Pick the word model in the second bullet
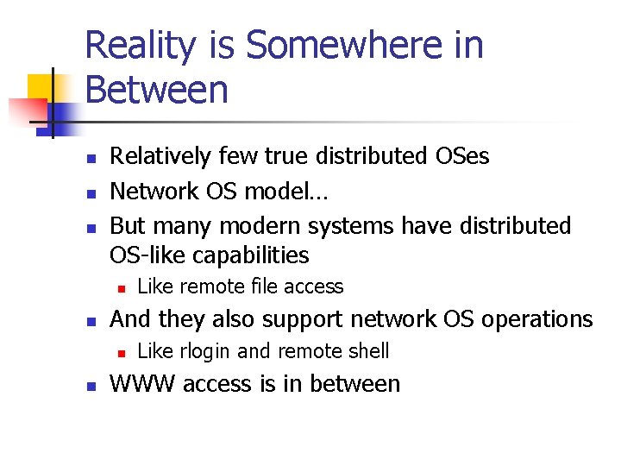[273, 191]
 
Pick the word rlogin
[204, 351]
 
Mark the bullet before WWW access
[90, 385]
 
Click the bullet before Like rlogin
[122, 352]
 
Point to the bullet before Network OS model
[90, 192]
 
